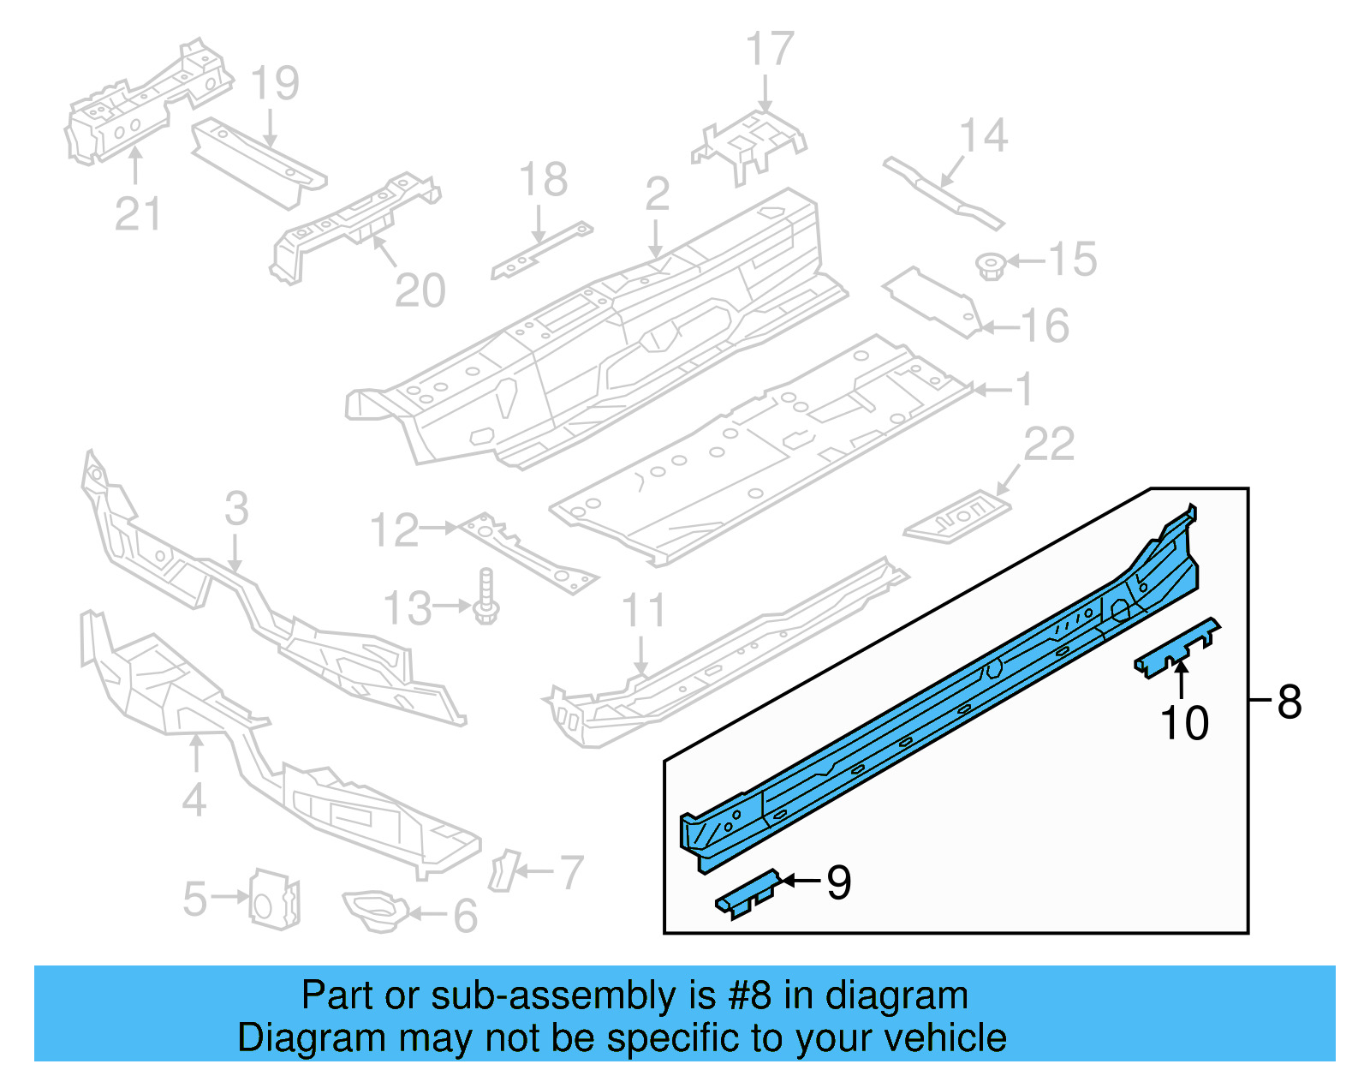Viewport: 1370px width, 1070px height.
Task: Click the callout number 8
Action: pos(1289,702)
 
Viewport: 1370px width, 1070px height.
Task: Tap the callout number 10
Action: pos(1184,723)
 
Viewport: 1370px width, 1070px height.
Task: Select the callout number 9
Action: pos(839,882)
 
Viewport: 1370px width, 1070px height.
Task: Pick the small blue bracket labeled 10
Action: pos(1177,649)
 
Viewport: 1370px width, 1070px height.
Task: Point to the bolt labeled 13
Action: pos(486,596)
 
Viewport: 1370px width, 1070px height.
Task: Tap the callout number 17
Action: pos(770,50)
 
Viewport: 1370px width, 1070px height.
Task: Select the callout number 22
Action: pos(1049,444)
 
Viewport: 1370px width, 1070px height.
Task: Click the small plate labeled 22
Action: pos(957,517)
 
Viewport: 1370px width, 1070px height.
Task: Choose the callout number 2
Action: pos(657,194)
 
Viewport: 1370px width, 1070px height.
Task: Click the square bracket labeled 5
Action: pos(274,898)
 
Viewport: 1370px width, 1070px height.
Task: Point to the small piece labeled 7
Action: pos(503,870)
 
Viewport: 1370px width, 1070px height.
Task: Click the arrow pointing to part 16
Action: pos(999,326)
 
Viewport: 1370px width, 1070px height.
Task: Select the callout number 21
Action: pos(137,213)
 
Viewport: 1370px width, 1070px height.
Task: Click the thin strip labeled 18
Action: pos(541,250)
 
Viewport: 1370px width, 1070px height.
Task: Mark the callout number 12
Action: pos(394,530)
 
